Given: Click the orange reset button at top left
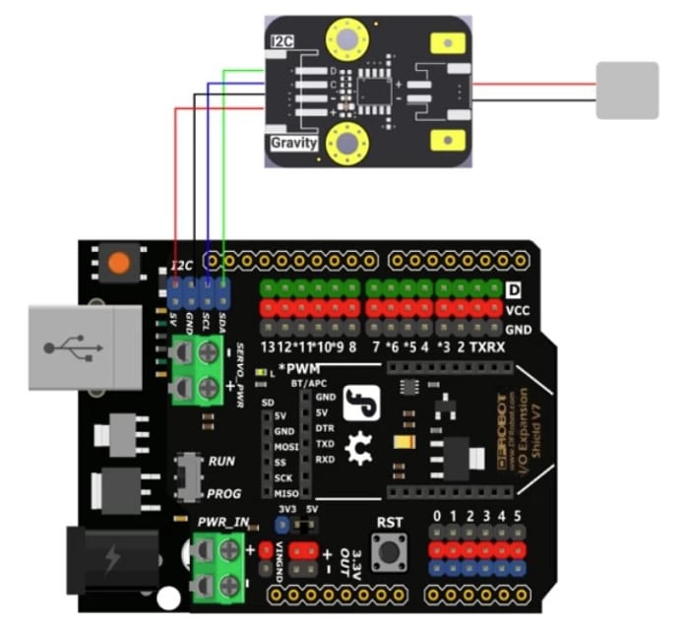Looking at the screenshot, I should [118, 264].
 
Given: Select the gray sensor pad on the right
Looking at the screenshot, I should [627, 90].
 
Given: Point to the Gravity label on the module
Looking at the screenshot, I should [293, 144].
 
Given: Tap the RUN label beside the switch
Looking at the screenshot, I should [220, 461].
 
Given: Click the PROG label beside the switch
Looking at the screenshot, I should [222, 492].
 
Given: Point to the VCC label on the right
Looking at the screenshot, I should [518, 308].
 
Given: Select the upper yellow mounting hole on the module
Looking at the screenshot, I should [346, 39].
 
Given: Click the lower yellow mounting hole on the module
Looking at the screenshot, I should [346, 147].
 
